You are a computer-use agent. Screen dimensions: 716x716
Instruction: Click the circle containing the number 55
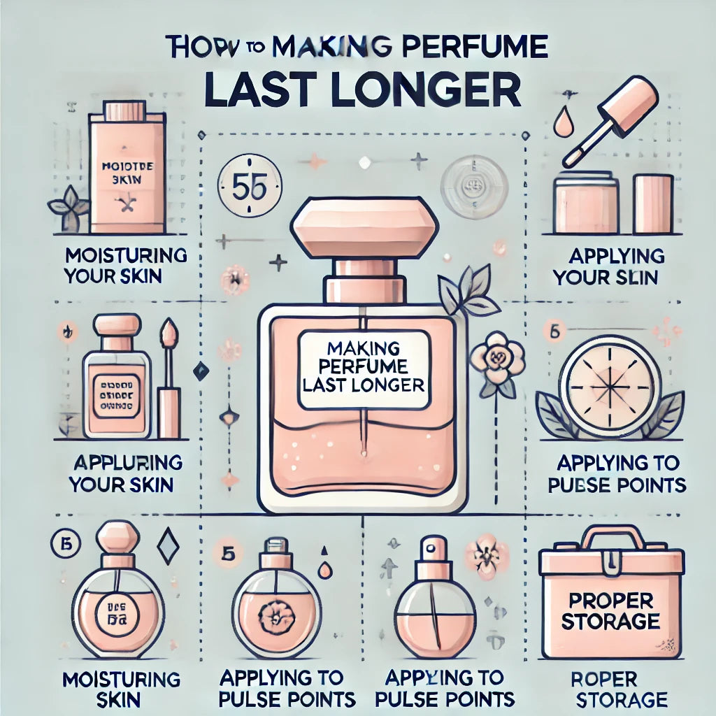[249, 187]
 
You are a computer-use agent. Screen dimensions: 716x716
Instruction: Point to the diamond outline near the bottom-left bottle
[168, 546]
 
